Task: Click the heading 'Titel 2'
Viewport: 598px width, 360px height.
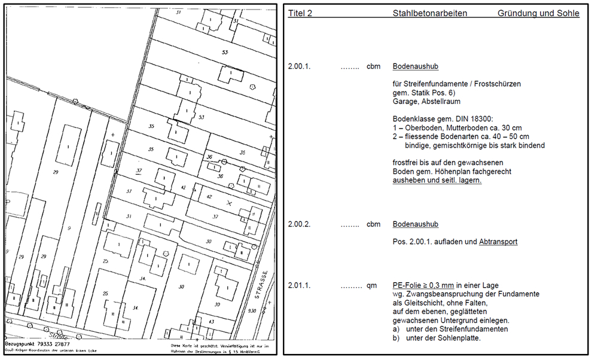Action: (x=300, y=13)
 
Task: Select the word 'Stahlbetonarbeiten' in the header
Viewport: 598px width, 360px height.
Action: (x=430, y=13)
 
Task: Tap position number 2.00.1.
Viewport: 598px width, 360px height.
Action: (x=300, y=66)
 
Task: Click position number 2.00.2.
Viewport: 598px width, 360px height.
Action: (x=300, y=224)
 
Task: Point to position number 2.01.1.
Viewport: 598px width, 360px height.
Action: (x=300, y=286)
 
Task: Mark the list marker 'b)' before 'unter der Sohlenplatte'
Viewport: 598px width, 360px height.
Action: (x=396, y=338)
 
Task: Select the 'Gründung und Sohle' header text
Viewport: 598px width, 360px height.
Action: (x=538, y=13)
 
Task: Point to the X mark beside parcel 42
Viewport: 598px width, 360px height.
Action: (x=228, y=204)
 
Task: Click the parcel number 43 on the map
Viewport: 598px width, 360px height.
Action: (x=212, y=322)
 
